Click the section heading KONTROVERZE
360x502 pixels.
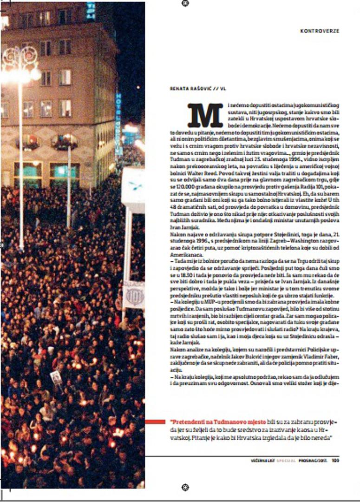[x=320, y=31]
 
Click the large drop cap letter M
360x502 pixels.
[x=205, y=115]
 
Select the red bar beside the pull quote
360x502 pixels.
[x=155, y=422]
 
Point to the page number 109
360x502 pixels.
[x=335, y=462]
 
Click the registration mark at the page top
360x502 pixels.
[x=185, y=3]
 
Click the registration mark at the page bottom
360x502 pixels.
[x=185, y=487]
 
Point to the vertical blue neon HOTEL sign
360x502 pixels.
[x=118, y=123]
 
